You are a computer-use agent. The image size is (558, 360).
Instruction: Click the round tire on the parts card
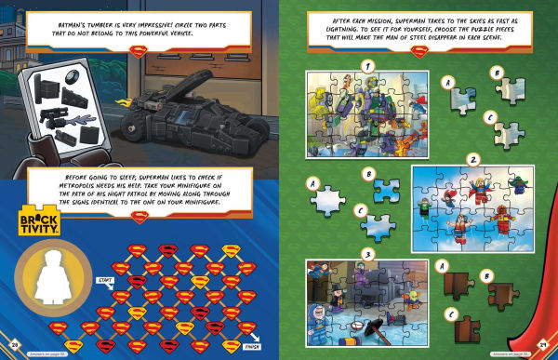point(73,74)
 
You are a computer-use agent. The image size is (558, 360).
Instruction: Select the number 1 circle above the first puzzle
point(368,66)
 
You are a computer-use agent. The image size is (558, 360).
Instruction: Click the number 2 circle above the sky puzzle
point(473,159)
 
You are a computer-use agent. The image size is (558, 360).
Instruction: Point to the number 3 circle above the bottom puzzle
point(368,252)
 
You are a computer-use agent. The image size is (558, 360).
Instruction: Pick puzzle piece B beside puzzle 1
point(511,90)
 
